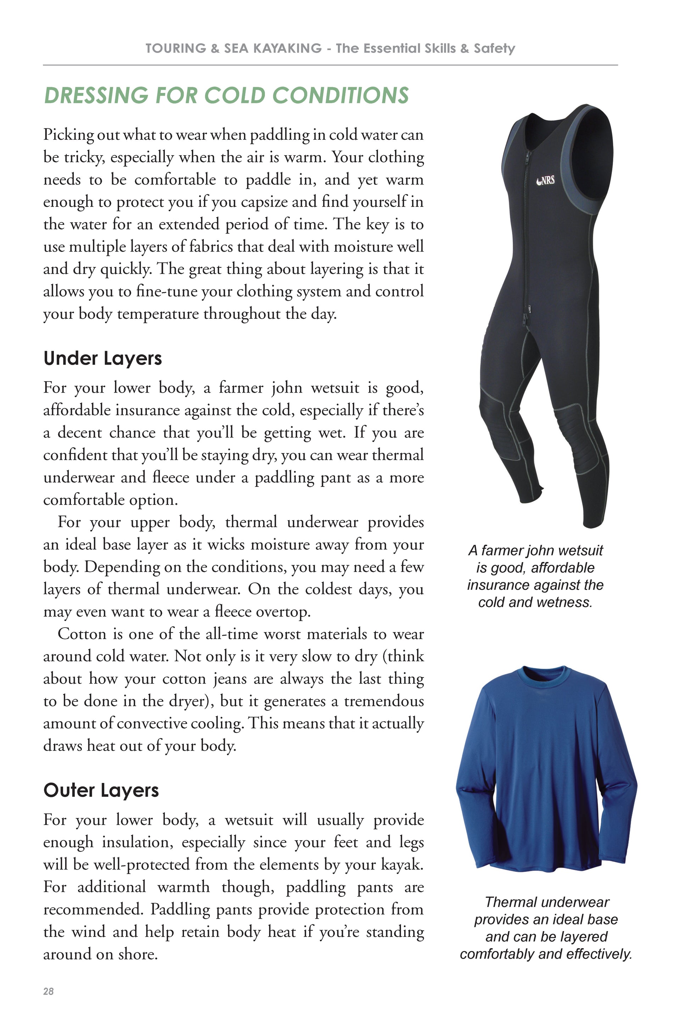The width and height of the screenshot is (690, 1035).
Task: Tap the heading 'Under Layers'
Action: point(102,358)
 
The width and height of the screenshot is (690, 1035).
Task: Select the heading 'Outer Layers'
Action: point(101,790)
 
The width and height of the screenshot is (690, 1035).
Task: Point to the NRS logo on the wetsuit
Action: point(546,180)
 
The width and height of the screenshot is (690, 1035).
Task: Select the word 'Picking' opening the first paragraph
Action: point(69,135)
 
